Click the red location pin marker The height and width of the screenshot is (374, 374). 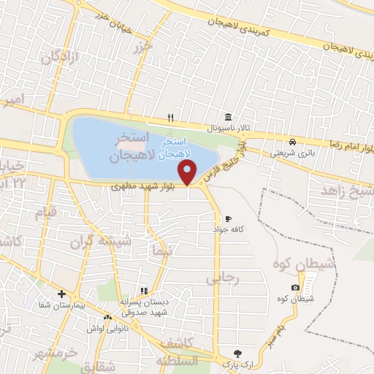click(x=188, y=172)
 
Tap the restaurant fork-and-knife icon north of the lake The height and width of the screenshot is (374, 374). click(x=171, y=117)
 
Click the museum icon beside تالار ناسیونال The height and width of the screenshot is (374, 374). click(x=229, y=118)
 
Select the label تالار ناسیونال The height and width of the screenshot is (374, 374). click(x=229, y=128)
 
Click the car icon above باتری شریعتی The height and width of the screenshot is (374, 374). click(x=292, y=142)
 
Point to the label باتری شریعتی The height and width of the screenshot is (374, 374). click(x=291, y=153)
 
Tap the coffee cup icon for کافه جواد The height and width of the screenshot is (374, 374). click(x=228, y=218)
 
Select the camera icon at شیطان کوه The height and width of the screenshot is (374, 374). click(x=294, y=289)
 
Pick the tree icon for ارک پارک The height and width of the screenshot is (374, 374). click(x=236, y=352)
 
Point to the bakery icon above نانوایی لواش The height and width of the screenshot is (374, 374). click(x=108, y=318)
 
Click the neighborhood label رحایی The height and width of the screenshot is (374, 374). click(x=221, y=278)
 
